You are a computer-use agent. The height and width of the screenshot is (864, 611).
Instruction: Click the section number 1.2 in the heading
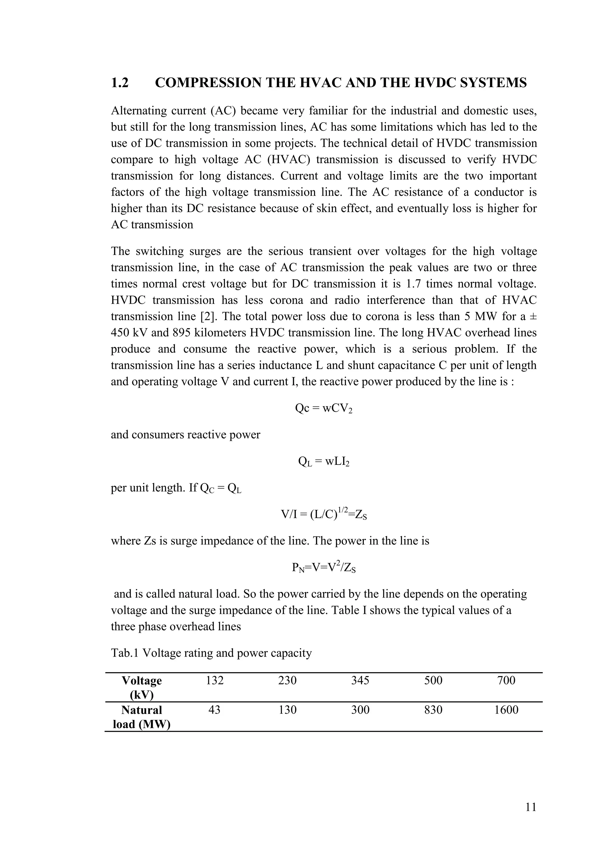[x=120, y=83]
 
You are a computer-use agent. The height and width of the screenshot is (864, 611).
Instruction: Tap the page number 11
[x=531, y=807]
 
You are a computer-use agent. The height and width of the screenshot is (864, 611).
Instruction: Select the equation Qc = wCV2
[x=324, y=409]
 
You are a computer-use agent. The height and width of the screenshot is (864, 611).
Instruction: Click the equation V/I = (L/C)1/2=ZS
[x=324, y=514]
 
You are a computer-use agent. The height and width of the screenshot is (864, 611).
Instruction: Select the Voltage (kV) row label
[x=141, y=687]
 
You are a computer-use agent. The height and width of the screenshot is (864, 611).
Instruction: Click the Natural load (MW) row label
[x=141, y=717]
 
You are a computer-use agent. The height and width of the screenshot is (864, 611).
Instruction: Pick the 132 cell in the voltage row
[x=215, y=680]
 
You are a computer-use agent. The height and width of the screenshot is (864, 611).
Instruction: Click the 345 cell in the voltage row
[x=360, y=680]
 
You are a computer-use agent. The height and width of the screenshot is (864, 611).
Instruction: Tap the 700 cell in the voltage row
[x=506, y=680]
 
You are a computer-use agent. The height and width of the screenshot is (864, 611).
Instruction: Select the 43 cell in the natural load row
[x=215, y=710]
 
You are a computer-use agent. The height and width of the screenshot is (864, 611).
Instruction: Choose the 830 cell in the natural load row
[x=433, y=710]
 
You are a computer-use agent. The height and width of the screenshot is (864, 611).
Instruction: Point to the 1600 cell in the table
[x=506, y=710]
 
